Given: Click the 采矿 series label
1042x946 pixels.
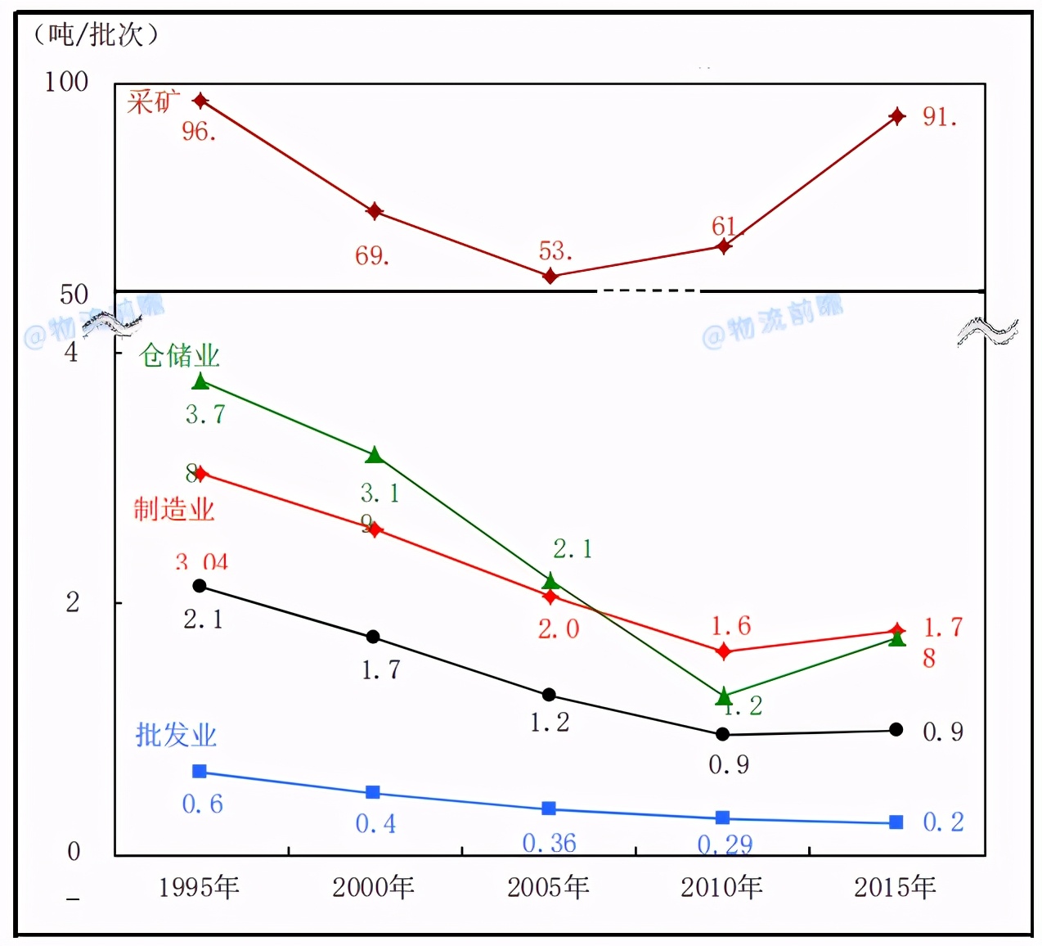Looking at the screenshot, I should pos(153,101).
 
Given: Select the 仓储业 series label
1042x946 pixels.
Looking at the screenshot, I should pos(180,355).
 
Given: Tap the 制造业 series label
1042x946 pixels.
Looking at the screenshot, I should pos(174,509).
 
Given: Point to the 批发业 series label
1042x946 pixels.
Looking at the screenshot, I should pos(176,735).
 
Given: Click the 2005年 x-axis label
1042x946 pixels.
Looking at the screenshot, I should pos(548,887).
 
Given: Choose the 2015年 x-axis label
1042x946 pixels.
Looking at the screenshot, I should pos(895,887).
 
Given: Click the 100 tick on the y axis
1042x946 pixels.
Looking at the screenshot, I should pos(66,82).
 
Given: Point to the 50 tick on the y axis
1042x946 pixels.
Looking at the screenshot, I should pos(74,295).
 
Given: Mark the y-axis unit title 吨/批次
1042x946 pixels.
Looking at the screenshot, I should pos(96,34).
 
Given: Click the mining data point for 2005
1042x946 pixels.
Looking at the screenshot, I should pos(550,276).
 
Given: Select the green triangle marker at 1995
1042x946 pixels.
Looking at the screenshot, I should pos(200,381).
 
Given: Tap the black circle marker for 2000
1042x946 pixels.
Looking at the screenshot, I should pos(373,637).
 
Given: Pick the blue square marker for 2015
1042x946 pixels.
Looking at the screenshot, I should pos(896,822).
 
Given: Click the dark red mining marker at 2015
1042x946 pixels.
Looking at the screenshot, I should pos(897,116).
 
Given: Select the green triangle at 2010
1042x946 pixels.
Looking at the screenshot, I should pos(723,696).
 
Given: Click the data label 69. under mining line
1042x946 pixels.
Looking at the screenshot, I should pos(372,256).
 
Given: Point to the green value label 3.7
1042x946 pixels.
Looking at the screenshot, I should pos(204,414).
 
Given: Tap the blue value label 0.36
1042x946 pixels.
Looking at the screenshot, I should pos(549,843).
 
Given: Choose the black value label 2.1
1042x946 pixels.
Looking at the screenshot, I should pos(203,619).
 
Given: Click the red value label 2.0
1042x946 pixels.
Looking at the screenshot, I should pos(559,628).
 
